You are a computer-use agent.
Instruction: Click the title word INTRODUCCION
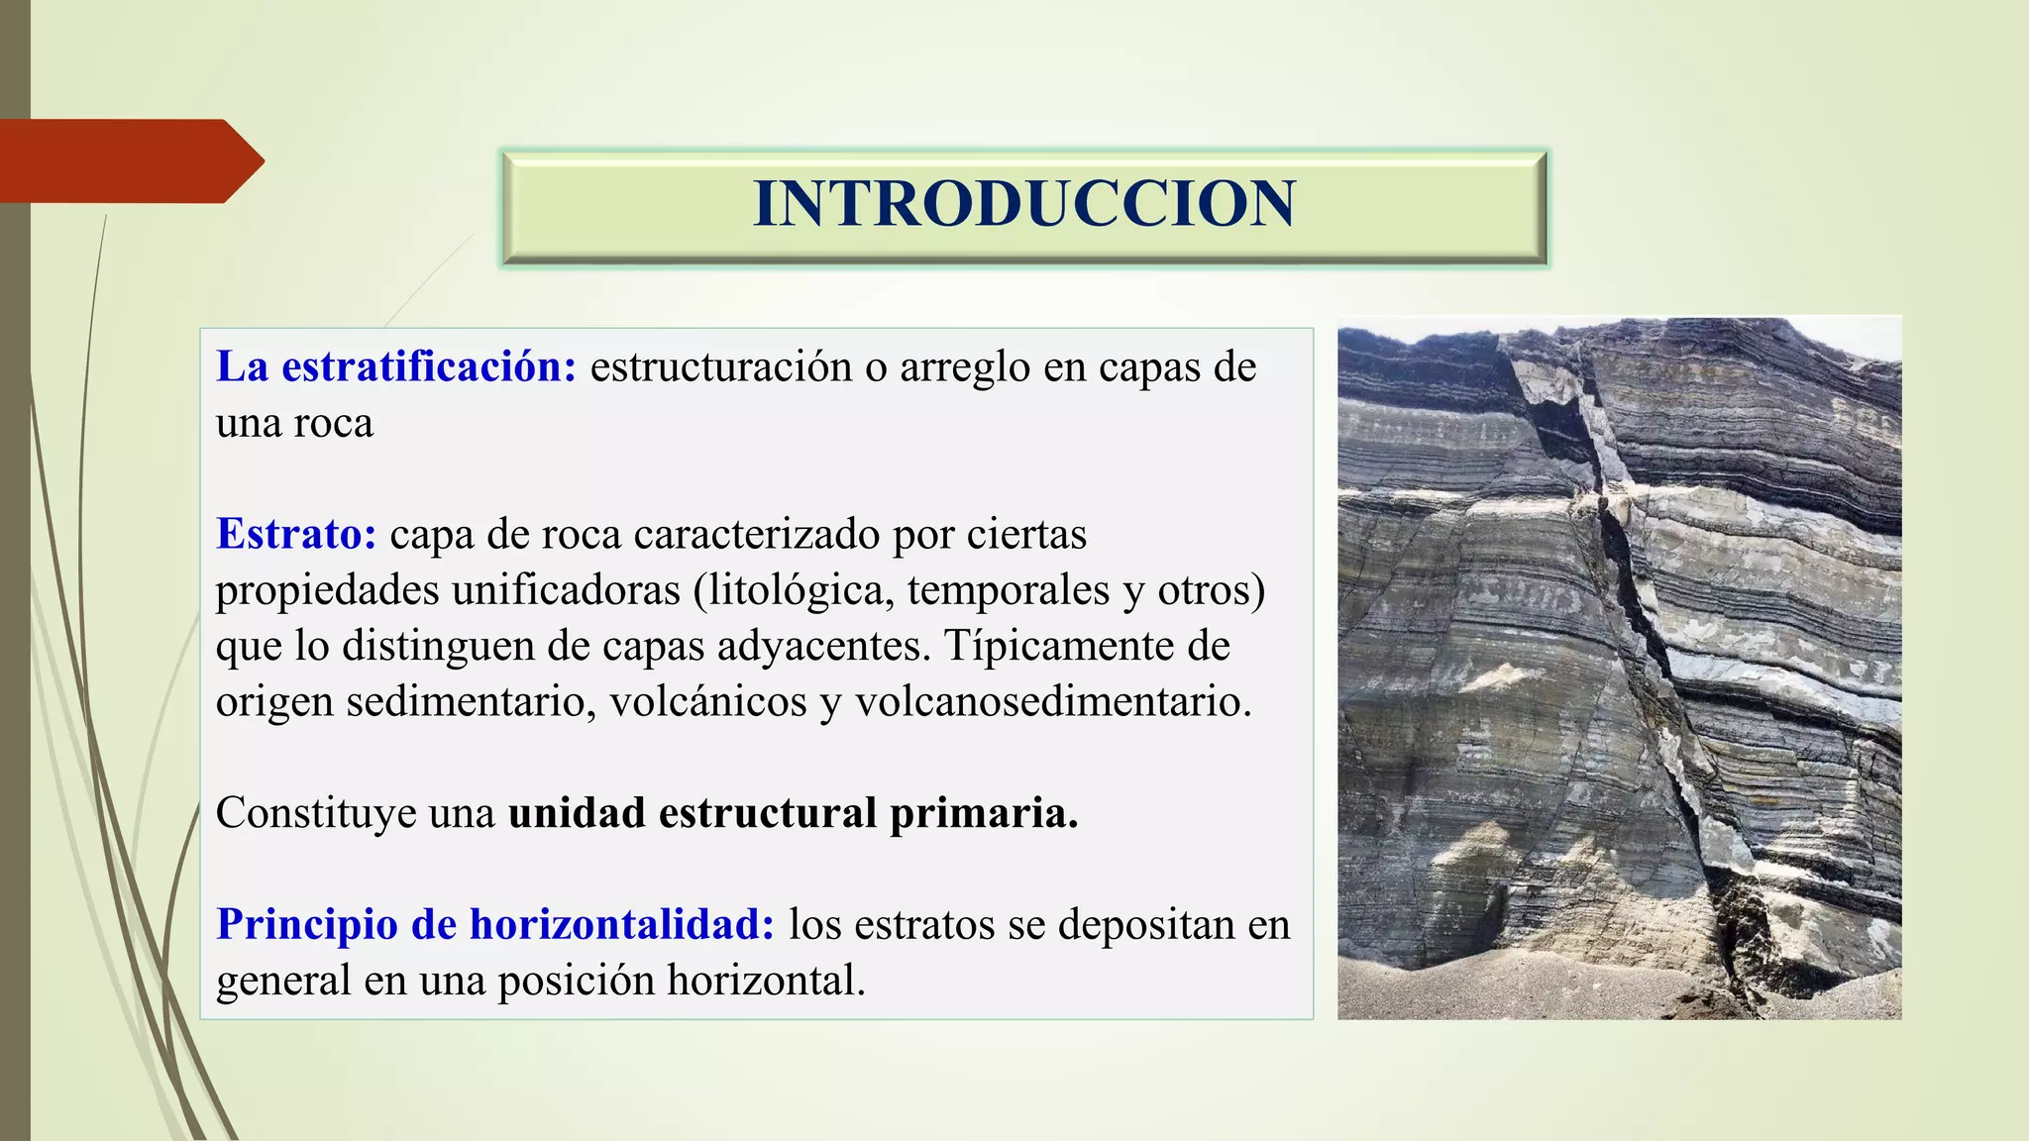pos(1023,204)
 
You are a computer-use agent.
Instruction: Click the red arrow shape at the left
pos(129,160)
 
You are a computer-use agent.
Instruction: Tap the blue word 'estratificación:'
pos(428,366)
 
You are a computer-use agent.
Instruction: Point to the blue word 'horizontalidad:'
pos(621,924)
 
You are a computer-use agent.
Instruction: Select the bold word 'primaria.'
pos(983,812)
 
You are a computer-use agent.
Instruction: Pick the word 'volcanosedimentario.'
pos(1053,701)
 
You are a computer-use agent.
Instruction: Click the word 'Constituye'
pos(315,812)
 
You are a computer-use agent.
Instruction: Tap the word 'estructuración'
pos(720,366)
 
